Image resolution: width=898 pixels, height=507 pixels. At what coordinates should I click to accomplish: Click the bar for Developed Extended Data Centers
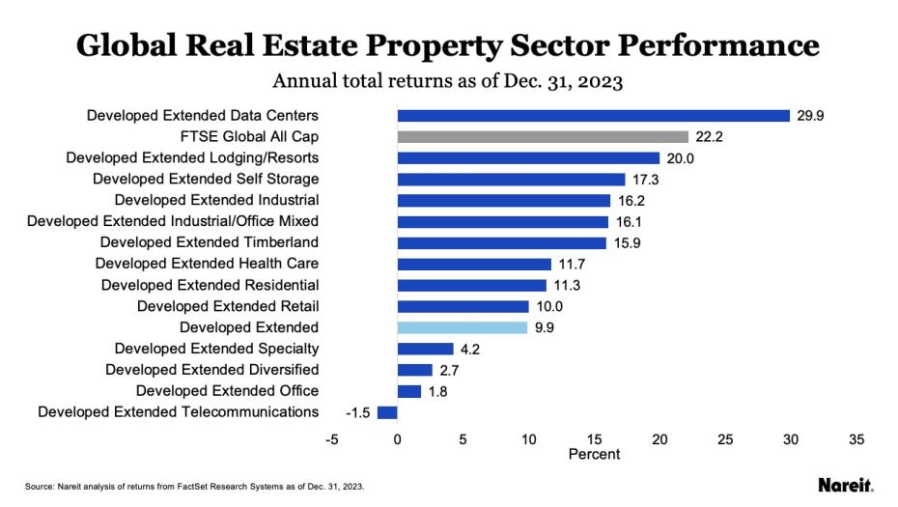(593, 116)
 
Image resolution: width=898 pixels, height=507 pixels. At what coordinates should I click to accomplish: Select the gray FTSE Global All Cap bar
(543, 137)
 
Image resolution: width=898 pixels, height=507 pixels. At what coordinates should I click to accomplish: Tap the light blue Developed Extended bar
(463, 327)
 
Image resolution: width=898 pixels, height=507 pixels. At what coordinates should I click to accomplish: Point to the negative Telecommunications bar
(387, 412)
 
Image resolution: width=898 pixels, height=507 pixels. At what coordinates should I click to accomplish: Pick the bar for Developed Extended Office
(409, 391)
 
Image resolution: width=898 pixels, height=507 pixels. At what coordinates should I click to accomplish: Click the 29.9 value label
(810, 116)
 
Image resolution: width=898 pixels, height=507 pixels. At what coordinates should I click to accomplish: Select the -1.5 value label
(358, 412)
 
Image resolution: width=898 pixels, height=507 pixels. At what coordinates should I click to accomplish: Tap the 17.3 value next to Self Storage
(645, 180)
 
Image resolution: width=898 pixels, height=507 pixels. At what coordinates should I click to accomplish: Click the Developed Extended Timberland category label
(209, 242)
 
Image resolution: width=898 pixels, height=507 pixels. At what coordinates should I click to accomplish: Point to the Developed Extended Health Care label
(207, 264)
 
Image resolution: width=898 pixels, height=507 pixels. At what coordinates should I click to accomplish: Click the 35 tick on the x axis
(856, 439)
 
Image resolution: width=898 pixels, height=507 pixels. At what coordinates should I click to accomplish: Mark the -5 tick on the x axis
(332, 439)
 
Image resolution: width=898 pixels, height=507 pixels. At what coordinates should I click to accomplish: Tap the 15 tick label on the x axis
(594, 439)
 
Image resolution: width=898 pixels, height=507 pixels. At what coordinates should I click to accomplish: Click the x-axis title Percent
(594, 454)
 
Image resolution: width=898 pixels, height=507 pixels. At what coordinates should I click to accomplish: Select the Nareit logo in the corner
(846, 484)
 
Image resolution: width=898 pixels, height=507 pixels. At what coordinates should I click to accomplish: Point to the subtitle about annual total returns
(448, 80)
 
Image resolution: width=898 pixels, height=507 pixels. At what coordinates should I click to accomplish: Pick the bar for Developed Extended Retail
(463, 306)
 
